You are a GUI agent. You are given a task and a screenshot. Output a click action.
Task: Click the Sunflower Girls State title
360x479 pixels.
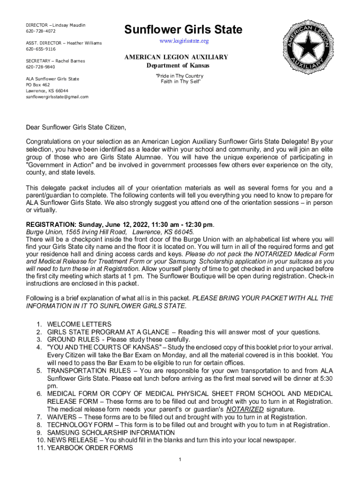(x=183, y=30)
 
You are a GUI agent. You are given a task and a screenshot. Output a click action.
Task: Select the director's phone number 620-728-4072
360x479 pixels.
(x=41, y=31)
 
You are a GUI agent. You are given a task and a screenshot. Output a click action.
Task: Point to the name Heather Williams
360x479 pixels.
(x=84, y=43)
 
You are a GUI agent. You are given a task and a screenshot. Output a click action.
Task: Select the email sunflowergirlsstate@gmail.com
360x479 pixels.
(x=57, y=96)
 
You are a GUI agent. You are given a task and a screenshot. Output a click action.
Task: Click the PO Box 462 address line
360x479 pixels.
(x=38, y=85)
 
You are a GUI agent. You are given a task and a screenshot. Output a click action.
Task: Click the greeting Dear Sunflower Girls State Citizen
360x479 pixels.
(x=76, y=127)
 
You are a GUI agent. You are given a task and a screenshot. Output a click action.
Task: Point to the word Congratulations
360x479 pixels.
(x=49, y=141)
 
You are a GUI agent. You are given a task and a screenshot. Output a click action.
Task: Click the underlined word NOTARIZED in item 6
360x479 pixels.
(x=245, y=409)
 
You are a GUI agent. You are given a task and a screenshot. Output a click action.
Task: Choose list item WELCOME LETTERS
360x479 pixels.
(x=79, y=324)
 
